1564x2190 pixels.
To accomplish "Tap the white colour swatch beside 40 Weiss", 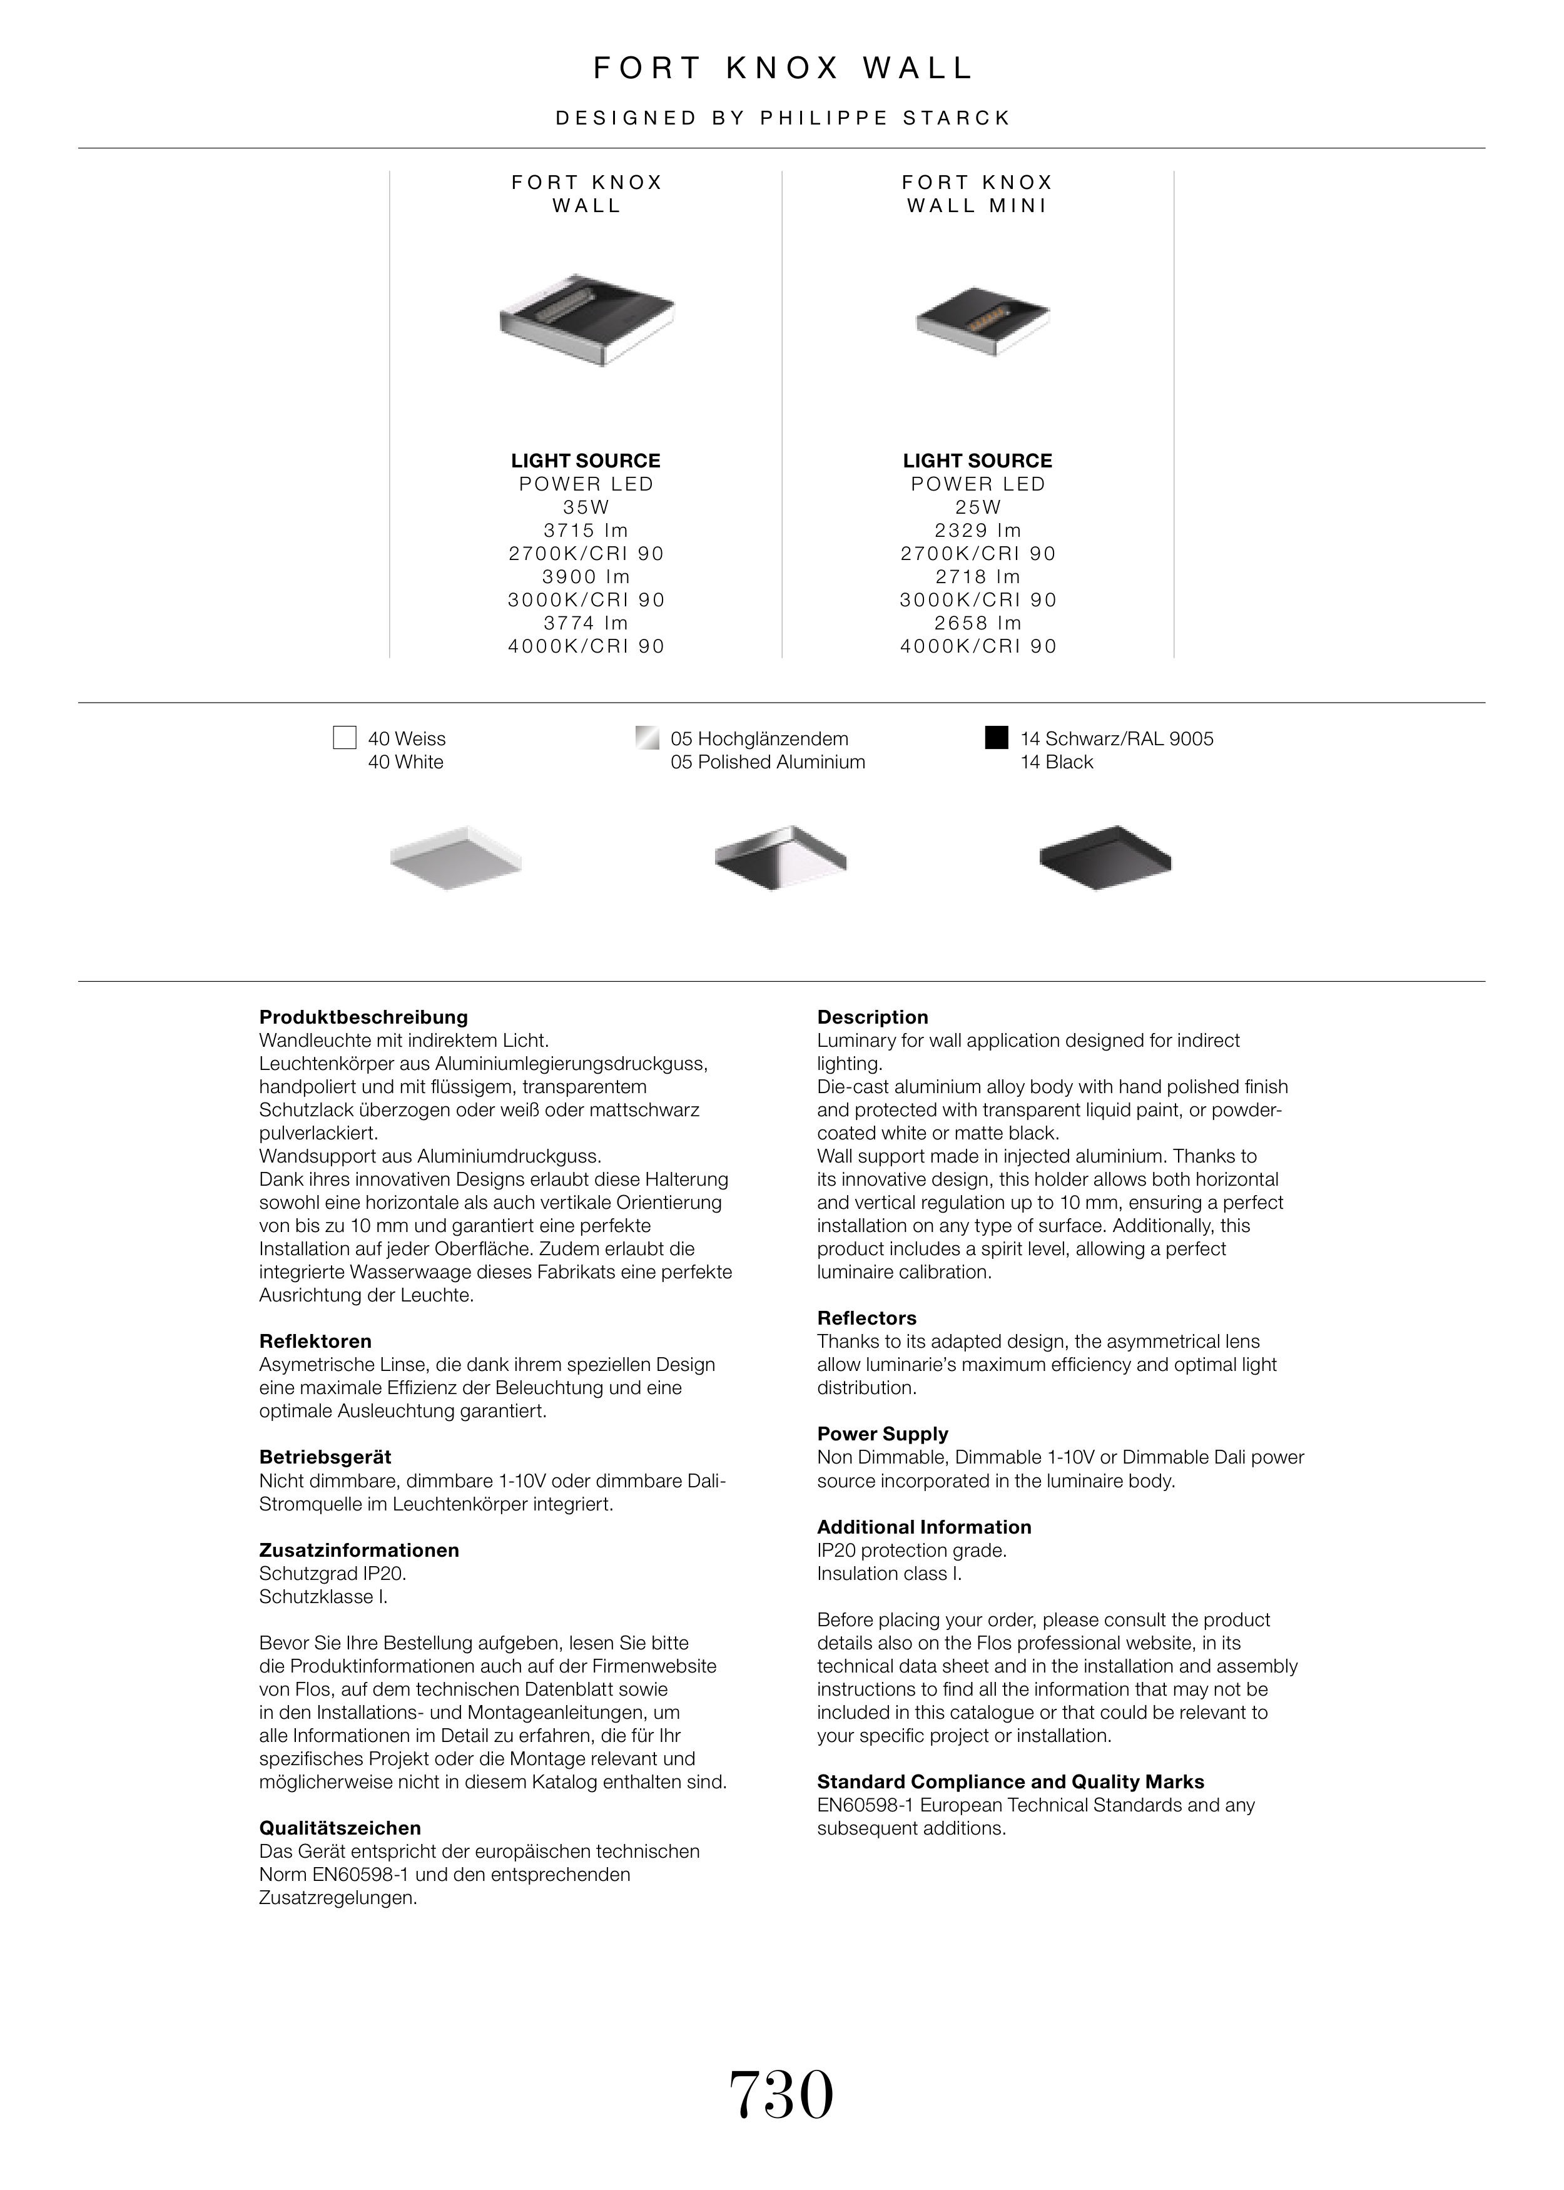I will pos(345,738).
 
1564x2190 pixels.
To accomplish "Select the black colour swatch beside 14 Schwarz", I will pos(997,738).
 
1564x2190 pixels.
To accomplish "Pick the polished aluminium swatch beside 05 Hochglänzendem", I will pos(647,738).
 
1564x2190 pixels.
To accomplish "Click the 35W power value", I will pos(587,507).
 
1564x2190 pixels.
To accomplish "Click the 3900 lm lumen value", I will pos(587,577).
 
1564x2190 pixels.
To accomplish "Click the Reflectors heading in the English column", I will pos(866,1318).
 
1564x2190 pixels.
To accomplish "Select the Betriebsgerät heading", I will pos(325,1457).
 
